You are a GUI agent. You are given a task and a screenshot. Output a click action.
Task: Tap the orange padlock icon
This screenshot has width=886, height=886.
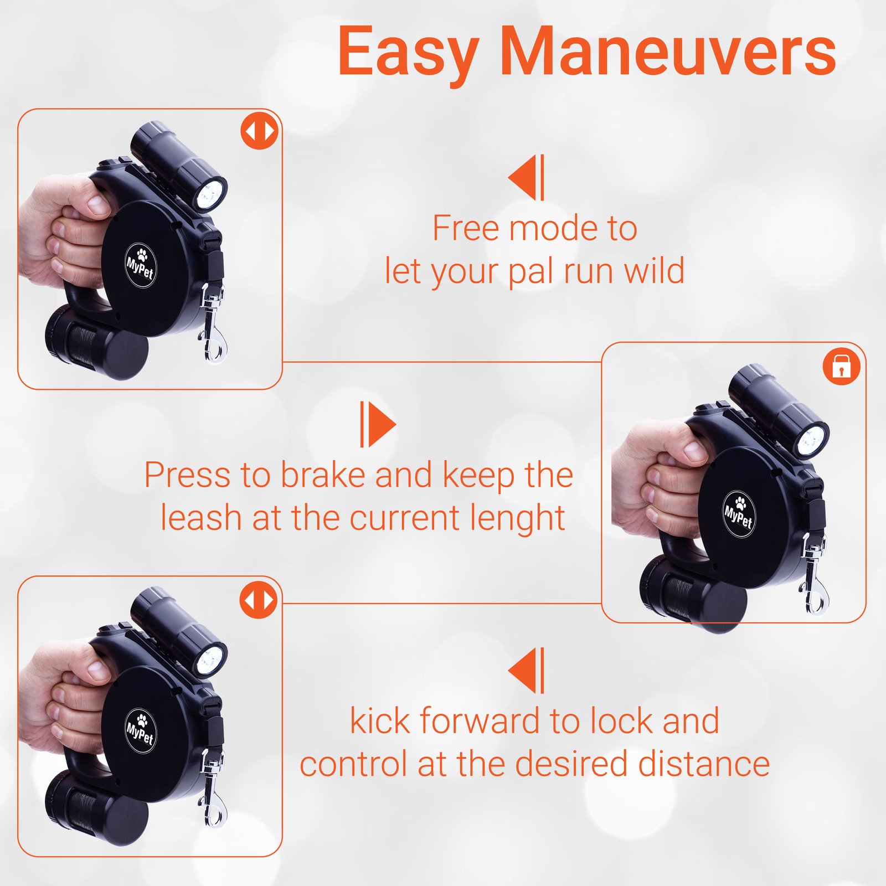[841, 366]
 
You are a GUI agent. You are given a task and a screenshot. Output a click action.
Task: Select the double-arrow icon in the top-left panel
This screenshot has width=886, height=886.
[259, 131]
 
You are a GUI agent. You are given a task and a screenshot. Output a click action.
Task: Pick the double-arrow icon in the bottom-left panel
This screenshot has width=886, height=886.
[259, 600]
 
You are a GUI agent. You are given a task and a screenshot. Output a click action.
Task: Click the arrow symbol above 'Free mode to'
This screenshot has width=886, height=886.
[527, 177]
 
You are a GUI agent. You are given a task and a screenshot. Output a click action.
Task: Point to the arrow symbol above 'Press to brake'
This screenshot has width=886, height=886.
[378, 424]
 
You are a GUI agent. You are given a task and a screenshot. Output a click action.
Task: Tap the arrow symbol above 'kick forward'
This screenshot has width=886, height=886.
[527, 670]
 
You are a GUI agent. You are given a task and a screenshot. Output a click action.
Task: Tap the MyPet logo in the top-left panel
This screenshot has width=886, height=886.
[140, 265]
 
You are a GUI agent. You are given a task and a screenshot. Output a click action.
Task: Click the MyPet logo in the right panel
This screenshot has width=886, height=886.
[739, 513]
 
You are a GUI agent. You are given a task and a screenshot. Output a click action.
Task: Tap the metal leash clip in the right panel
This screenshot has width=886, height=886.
[812, 578]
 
